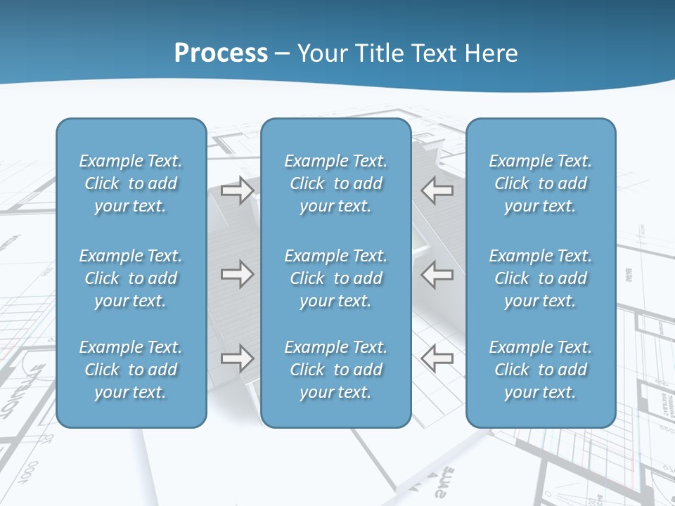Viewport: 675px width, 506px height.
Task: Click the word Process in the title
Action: coord(221,53)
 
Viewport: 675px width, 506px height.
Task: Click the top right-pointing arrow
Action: coord(237,190)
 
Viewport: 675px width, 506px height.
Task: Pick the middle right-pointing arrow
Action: coord(237,274)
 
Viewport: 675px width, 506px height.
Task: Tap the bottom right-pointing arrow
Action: coord(237,358)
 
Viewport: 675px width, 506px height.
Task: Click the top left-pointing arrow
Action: coord(437,190)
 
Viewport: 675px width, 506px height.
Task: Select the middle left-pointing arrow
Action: coord(437,274)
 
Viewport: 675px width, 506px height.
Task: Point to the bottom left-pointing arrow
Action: coord(437,358)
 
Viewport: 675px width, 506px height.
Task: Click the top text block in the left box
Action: coord(131,183)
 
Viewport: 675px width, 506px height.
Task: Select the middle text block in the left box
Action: coord(131,278)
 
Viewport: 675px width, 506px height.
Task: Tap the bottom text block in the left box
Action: coord(131,370)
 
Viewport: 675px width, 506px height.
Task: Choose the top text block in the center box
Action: coord(336,183)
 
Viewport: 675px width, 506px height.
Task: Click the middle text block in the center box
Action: coord(336,278)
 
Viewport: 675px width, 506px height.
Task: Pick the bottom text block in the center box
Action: coord(336,370)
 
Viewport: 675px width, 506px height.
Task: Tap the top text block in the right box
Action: coord(541,183)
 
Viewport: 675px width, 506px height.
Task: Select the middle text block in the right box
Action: coord(541,278)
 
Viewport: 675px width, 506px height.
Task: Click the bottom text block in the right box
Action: coord(541,370)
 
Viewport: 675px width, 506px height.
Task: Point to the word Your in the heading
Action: coord(320,53)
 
